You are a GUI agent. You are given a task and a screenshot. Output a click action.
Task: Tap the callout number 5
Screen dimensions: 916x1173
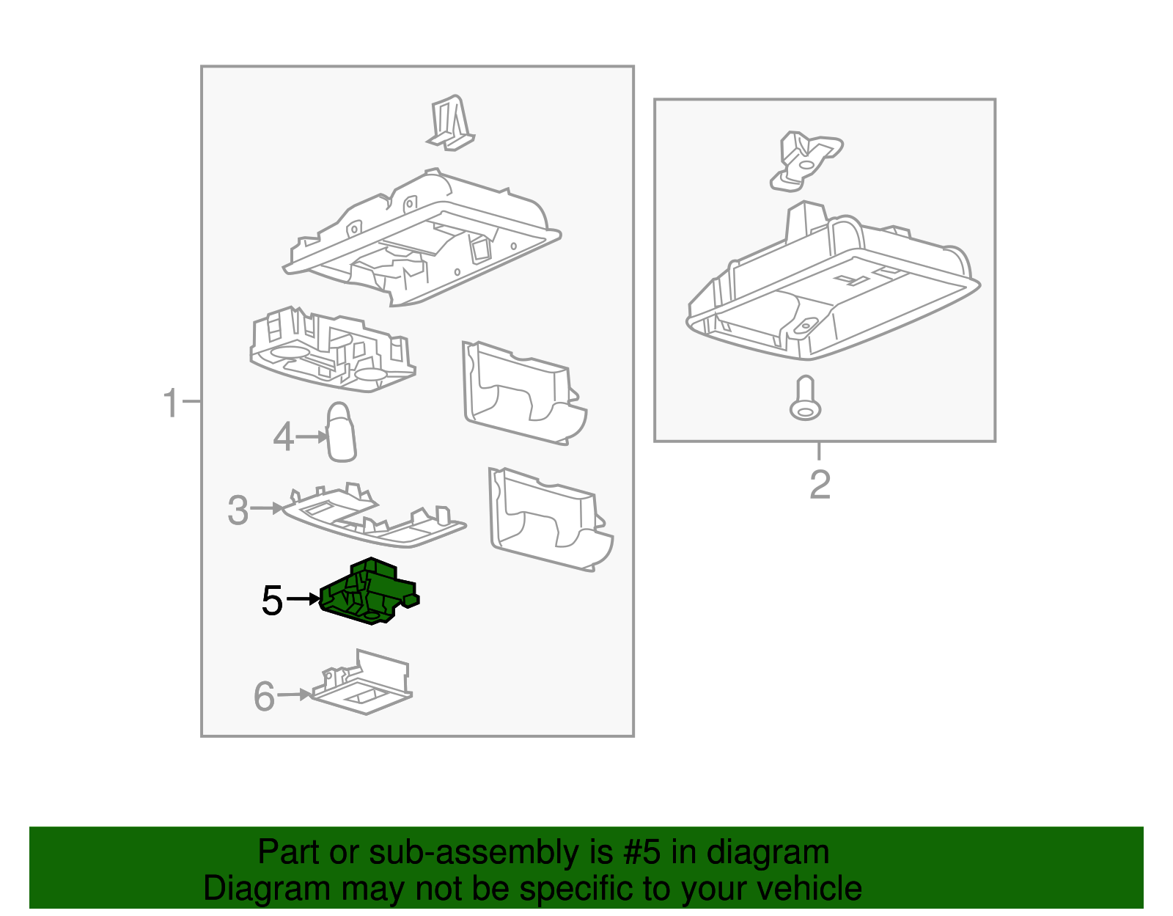coord(272,601)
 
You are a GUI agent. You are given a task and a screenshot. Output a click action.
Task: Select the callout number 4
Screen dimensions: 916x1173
coord(283,437)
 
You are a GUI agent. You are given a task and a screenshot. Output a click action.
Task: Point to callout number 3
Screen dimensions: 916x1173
coord(238,510)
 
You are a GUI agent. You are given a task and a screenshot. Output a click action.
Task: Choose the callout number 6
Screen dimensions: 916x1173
coord(264,697)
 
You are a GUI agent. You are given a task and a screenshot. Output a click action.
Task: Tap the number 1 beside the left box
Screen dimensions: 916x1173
coord(171,403)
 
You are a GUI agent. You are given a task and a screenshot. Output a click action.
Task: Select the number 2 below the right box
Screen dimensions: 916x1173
coord(820,485)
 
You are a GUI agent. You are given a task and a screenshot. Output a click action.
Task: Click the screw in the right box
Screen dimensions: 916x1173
coord(805,399)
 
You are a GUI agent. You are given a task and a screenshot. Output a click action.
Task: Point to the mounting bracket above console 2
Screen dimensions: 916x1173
coord(804,160)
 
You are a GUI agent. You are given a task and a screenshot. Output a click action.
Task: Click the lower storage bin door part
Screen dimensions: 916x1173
coord(550,519)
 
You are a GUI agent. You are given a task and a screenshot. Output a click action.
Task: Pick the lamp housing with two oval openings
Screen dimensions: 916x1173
coord(331,351)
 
